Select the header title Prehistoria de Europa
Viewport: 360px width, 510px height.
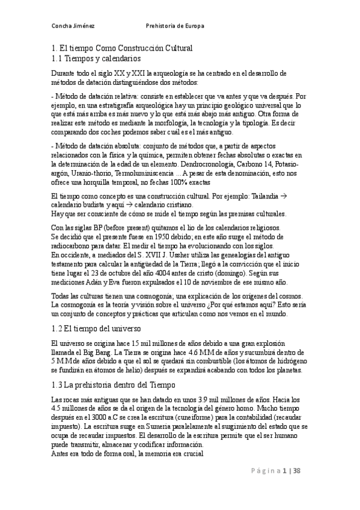click(x=175, y=26)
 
